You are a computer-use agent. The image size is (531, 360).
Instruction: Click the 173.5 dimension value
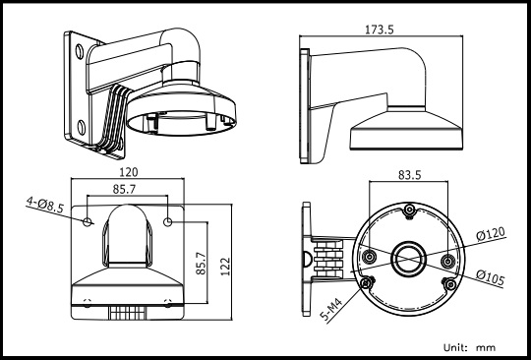(380, 30)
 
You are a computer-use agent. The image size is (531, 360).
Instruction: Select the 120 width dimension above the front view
(129, 172)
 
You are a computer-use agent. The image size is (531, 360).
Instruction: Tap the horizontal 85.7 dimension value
(124, 189)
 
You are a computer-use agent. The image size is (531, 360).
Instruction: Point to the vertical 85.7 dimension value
(201, 264)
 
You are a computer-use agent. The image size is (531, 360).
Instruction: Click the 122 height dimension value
(225, 267)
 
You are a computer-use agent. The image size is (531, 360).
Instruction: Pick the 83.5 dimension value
(409, 175)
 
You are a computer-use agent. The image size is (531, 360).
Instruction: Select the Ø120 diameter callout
(491, 233)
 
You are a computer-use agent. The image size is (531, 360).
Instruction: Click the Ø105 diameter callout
(490, 277)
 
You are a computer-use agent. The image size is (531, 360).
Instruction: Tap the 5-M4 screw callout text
(331, 310)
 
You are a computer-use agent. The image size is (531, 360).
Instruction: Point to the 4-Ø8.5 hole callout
(45, 206)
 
